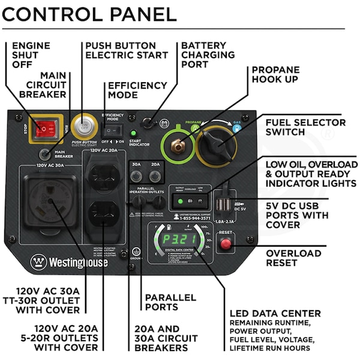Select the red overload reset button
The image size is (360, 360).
(x=226, y=244)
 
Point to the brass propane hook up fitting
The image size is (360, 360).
(x=178, y=145)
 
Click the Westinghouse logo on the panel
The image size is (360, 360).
(x=70, y=262)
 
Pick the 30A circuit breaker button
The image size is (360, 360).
(x=136, y=176)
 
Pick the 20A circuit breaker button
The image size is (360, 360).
(x=155, y=176)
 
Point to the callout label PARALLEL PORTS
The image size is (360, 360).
(x=170, y=302)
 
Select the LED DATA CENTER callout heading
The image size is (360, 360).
(x=275, y=314)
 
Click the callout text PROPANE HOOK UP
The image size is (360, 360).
(x=275, y=74)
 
